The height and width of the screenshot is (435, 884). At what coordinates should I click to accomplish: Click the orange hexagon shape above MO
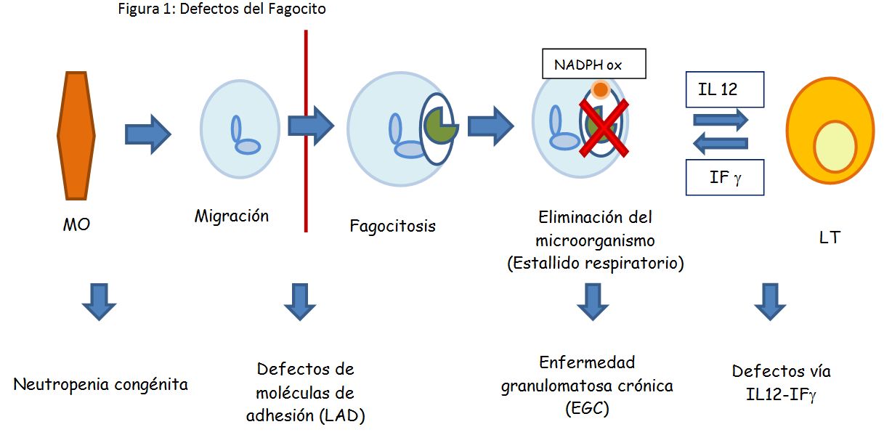click(76, 135)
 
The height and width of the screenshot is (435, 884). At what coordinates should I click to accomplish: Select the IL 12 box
click(725, 90)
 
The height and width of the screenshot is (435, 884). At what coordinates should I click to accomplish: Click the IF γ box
click(725, 177)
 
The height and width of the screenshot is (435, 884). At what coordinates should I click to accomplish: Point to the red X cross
click(603, 128)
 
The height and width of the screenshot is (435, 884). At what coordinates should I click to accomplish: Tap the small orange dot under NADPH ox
click(600, 89)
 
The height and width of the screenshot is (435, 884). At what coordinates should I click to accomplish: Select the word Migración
click(232, 216)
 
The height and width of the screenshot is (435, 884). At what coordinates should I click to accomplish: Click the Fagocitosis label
click(392, 226)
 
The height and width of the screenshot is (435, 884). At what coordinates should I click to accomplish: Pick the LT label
click(829, 237)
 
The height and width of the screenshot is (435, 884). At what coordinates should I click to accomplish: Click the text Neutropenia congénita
click(101, 384)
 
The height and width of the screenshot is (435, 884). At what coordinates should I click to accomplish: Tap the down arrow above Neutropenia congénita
click(99, 301)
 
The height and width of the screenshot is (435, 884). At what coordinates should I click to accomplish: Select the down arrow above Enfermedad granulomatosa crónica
click(593, 301)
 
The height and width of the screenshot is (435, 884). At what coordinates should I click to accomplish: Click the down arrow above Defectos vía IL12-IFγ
click(770, 301)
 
